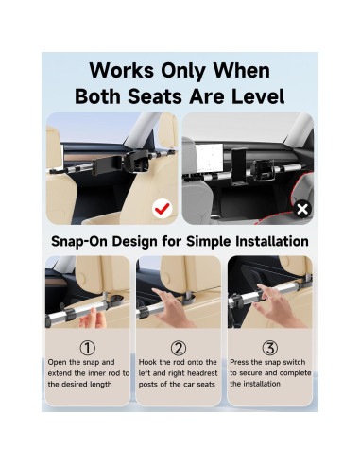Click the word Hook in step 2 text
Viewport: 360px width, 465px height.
click(x=151, y=362)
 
